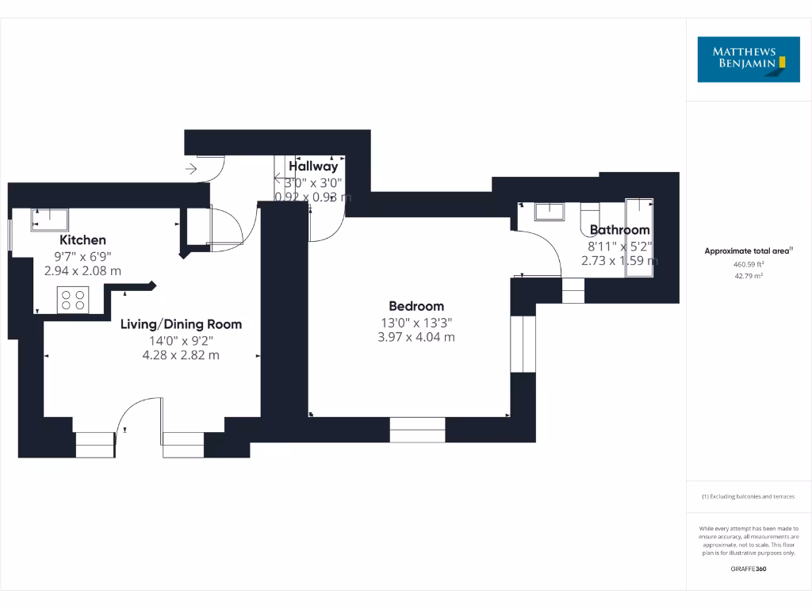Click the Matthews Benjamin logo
click(x=749, y=59)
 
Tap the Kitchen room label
click(x=82, y=240)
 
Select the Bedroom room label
click(x=416, y=306)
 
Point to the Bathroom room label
click(x=619, y=231)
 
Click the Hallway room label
click(x=313, y=167)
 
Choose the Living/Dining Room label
click(x=181, y=324)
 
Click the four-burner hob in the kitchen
click(x=74, y=300)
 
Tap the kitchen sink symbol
click(x=50, y=219)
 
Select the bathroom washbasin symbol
click(x=549, y=211)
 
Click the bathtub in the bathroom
click(x=638, y=238)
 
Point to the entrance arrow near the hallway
click(x=190, y=168)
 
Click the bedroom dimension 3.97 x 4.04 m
click(x=417, y=337)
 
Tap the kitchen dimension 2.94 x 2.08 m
click(x=82, y=270)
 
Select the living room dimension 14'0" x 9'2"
click(x=180, y=340)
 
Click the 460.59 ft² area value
click(x=748, y=264)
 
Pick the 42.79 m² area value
click(x=748, y=275)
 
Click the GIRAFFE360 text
click(x=748, y=569)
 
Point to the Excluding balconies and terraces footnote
click(x=748, y=497)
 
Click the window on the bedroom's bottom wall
click(x=417, y=430)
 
